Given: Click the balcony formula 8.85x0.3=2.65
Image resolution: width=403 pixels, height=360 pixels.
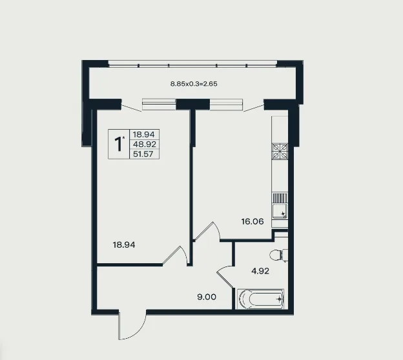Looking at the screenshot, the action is pos(194,84).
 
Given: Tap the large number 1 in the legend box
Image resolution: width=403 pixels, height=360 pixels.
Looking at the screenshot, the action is pos(118,144).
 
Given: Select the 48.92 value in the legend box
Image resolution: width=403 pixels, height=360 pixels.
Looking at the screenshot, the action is pos(145,144).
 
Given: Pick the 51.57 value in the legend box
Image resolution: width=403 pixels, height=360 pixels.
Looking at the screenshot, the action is pos(143,154).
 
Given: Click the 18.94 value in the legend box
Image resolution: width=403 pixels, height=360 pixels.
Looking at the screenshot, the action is pos(143,134).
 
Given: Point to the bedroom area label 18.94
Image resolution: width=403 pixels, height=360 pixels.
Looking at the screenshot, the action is pos(124,245).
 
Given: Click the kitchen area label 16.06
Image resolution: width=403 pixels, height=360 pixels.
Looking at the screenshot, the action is pos(253,221).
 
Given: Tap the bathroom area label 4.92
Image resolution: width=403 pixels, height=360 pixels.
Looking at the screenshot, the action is pos(260,271).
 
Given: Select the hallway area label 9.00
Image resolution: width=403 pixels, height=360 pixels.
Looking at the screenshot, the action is pos(207,297).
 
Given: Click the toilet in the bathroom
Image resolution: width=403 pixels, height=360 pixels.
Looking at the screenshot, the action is pos(278,255).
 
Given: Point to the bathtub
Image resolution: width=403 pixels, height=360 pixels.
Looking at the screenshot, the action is pos(260,299).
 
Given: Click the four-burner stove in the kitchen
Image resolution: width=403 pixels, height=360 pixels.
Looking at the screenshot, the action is pos(280,152).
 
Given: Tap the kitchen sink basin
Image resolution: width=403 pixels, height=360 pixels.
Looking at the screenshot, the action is pos(280,211).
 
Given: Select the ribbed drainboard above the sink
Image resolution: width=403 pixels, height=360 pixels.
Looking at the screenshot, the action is pos(280,198).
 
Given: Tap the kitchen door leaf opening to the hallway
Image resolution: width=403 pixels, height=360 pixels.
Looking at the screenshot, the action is pos(203,231).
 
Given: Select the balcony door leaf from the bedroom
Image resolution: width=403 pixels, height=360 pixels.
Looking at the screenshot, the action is pos(131,108).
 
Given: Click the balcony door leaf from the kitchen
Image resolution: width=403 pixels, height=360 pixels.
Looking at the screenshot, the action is pos(254,108).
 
